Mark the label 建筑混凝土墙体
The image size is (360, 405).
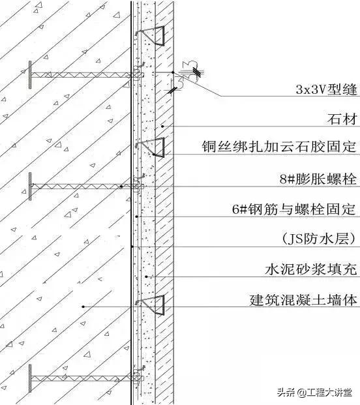(x=305, y=301)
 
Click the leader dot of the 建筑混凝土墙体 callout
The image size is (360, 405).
(x=83, y=307)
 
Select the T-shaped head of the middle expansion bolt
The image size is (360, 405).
(x=30, y=186)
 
